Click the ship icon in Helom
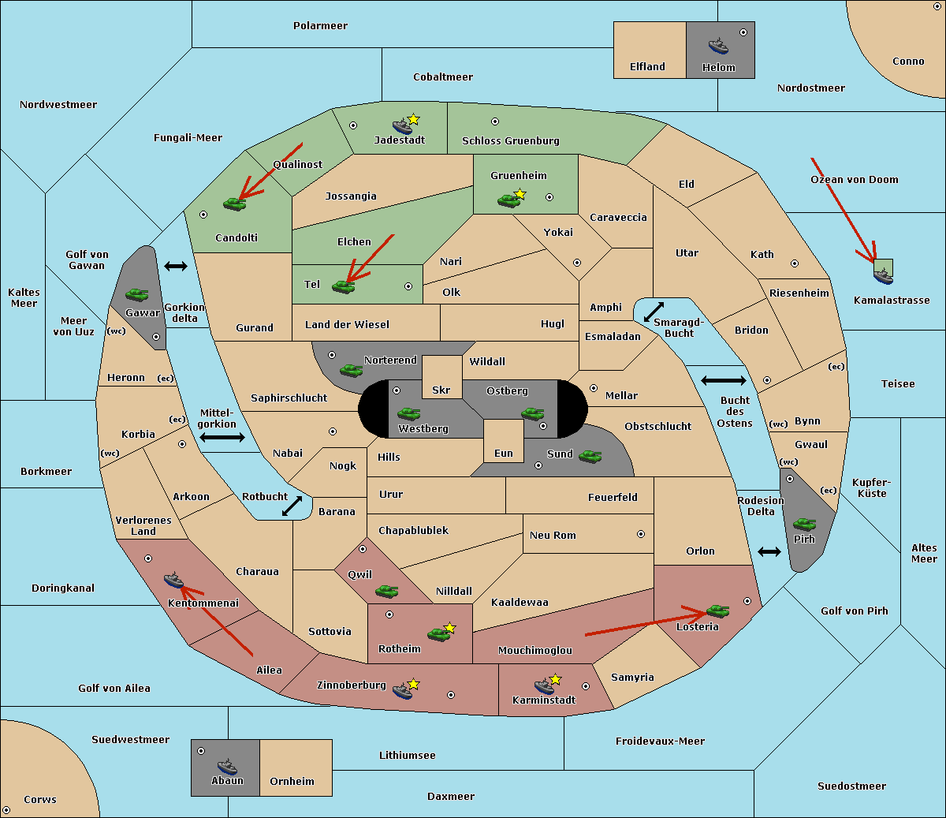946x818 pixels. tap(718, 46)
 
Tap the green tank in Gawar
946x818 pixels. tap(137, 294)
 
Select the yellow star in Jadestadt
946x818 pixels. tap(413, 120)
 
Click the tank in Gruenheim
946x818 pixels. tap(508, 200)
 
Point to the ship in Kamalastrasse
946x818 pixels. tap(883, 276)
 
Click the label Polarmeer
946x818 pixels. tap(320, 26)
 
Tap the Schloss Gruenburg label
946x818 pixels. tap(511, 140)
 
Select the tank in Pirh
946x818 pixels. tap(804, 524)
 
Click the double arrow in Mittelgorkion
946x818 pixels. tap(222, 437)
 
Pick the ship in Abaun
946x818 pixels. tap(227, 766)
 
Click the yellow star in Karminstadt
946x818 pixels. tap(555, 679)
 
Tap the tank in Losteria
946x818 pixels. tap(717, 611)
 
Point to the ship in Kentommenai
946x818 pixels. tap(174, 580)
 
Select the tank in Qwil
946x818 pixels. tap(386, 591)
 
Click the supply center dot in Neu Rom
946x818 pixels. tap(641, 534)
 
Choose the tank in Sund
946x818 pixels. tap(590, 456)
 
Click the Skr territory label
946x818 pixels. tap(441, 390)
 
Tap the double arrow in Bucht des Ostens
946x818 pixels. tap(724, 380)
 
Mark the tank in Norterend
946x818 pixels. tap(351, 370)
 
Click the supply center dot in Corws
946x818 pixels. tap(6, 810)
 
